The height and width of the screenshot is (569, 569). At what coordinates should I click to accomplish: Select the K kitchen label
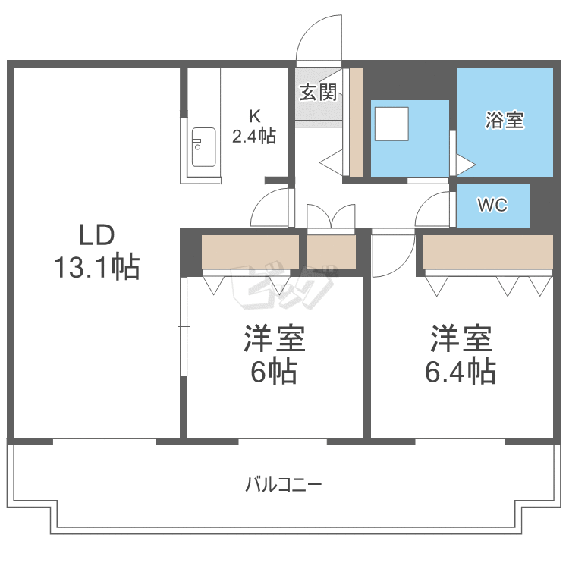coord(255,116)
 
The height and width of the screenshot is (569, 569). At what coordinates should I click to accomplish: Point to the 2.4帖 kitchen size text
coord(253,137)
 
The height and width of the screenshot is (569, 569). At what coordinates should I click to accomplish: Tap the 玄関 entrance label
coord(317,93)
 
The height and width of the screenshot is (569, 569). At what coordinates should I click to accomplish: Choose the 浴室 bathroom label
coord(505,120)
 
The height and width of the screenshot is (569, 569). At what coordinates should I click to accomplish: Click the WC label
coord(492,205)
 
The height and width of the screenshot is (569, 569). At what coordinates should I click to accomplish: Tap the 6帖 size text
coord(273,373)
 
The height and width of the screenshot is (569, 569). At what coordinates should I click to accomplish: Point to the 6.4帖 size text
coord(461,372)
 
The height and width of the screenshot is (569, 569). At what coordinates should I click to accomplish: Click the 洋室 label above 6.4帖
coord(461,339)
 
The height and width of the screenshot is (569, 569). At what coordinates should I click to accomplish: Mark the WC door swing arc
coord(434,208)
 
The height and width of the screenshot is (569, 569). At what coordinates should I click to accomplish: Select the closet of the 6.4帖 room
coord(488,252)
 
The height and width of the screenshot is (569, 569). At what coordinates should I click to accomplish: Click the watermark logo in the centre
coord(282,287)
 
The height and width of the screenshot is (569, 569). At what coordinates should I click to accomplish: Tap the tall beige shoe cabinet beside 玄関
coord(356,121)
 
